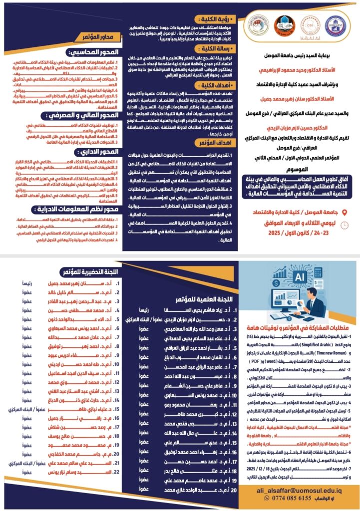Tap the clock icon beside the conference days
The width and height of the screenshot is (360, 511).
pyautogui.click(x=345, y=226)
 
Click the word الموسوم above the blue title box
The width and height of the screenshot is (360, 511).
pyautogui.click(x=297, y=170)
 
